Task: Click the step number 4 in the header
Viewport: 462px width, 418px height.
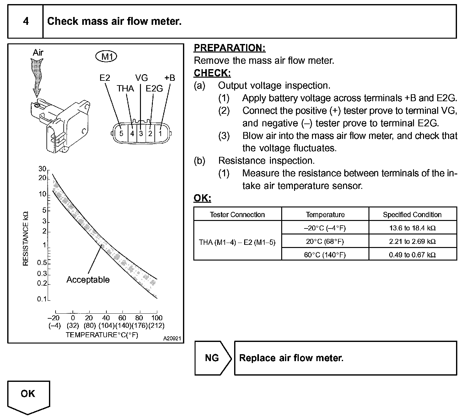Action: pyautogui.click(x=26, y=21)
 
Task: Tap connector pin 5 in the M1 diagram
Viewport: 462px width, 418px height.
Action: pyautogui.click(x=121, y=134)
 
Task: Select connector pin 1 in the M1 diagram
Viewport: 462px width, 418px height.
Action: pyautogui.click(x=160, y=134)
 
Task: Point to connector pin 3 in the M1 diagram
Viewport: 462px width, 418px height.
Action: pyautogui.click(x=141, y=134)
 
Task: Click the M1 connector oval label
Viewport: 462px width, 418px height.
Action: pyautogui.click(x=106, y=57)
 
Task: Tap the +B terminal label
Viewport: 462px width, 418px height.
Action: pyautogui.click(x=169, y=78)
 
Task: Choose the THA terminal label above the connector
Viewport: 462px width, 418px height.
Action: pyautogui.click(x=125, y=89)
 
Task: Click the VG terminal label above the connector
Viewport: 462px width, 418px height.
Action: pyautogui.click(x=141, y=78)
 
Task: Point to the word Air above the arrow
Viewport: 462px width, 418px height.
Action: pyautogui.click(x=38, y=52)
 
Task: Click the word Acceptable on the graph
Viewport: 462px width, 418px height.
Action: pyautogui.click(x=88, y=280)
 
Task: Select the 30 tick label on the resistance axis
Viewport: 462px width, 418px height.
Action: pyautogui.click(x=42, y=169)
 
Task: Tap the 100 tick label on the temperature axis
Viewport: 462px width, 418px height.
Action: pyautogui.click(x=157, y=318)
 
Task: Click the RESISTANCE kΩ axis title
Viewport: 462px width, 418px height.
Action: pyautogui.click(x=26, y=238)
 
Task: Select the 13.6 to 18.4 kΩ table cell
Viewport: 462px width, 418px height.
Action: pyautogui.click(x=412, y=228)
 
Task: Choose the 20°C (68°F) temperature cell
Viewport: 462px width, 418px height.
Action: pyautogui.click(x=325, y=241)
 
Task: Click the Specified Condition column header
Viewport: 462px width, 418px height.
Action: pyautogui.click(x=412, y=215)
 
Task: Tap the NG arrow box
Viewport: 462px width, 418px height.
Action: pyautogui.click(x=212, y=358)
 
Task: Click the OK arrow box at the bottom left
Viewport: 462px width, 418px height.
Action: pyautogui.click(x=28, y=395)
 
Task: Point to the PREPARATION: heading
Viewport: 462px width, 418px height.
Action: pyautogui.click(x=229, y=48)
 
